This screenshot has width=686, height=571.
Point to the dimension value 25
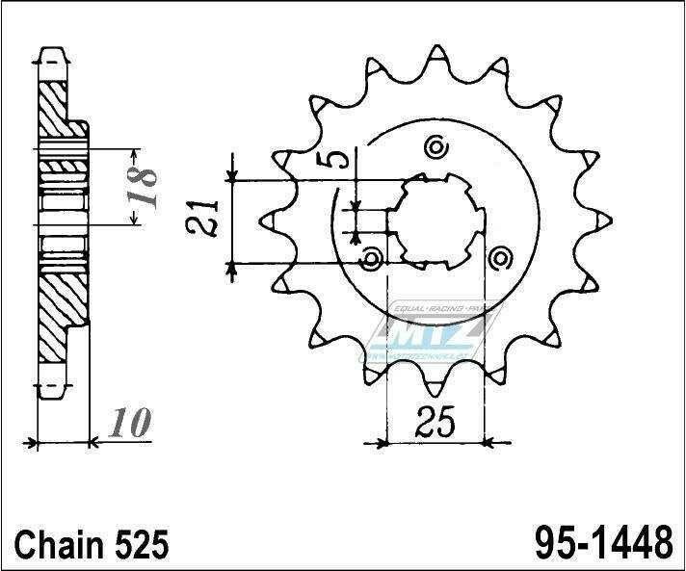pos(434,421)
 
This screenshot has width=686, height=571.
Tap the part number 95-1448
pos(602,544)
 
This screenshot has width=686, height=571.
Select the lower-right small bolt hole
pos(499,258)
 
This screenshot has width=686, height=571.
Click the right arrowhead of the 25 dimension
pos(489,444)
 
